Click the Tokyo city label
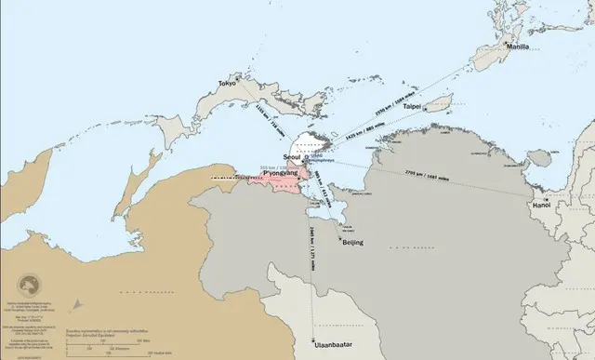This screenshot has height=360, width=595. tap(227, 84)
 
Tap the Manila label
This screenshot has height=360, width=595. tap(517, 46)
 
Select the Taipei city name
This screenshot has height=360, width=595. tap(412, 107)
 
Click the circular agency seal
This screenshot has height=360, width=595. tap(31, 283)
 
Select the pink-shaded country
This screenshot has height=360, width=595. tap(279, 181)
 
